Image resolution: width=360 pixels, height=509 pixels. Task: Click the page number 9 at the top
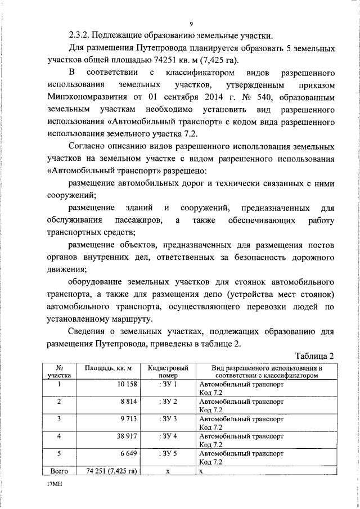pos(192,24)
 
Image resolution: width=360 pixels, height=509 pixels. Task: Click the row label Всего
pos(60,471)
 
